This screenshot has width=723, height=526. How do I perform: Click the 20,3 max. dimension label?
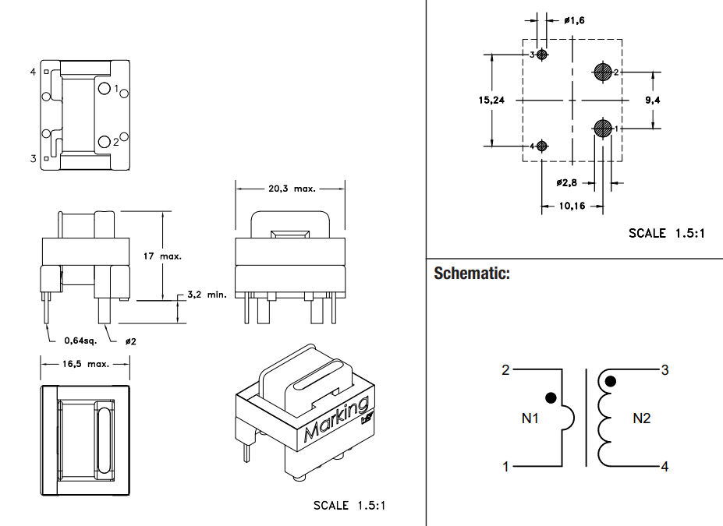[x=290, y=189]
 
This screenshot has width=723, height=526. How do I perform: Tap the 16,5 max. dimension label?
[x=85, y=363]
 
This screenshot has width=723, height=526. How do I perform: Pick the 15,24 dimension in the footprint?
[x=493, y=100]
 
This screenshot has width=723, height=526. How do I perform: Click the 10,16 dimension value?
[x=572, y=207]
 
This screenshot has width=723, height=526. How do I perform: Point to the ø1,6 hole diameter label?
[x=572, y=19]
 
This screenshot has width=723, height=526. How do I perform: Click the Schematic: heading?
[x=472, y=274]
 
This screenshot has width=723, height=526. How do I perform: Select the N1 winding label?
[x=530, y=418]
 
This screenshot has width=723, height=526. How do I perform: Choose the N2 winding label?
[x=641, y=418]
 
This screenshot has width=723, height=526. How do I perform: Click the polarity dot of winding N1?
[x=551, y=397]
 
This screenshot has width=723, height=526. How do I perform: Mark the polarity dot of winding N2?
[x=611, y=381]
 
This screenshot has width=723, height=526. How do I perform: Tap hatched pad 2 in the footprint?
[x=602, y=72]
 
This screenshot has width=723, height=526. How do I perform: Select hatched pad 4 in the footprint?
[x=543, y=146]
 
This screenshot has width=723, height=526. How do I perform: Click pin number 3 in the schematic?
[x=665, y=370]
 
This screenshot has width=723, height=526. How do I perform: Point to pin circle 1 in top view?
[x=105, y=88]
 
